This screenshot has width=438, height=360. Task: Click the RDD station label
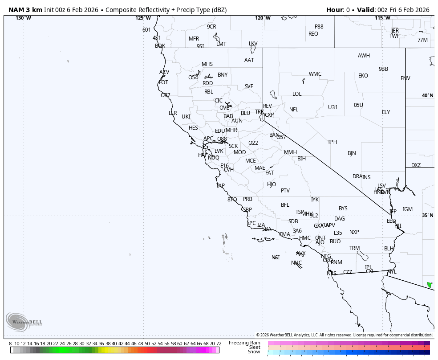tap(207, 83)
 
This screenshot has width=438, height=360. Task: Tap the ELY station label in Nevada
tap(385, 112)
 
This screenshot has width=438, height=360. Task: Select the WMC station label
tap(315, 74)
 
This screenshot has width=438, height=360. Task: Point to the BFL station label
tap(285, 205)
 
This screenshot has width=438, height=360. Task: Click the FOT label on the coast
tap(164, 82)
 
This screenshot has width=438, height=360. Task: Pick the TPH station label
tap(332, 142)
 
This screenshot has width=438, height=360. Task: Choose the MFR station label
tap(194, 39)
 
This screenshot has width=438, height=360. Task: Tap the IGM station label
tap(407, 209)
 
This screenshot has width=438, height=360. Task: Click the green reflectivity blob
tap(430, 285)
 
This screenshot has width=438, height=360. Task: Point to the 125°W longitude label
tap(143, 18)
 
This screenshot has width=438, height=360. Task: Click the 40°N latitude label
tap(427, 96)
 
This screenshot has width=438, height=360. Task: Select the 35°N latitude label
tap(427, 216)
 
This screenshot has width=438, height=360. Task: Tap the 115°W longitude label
tap(382, 18)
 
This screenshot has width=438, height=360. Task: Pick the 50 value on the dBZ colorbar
tap(147, 344)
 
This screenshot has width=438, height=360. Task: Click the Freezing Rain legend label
tap(244, 343)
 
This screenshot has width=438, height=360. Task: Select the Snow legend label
tap(254, 352)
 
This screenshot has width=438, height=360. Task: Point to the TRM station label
tap(354, 248)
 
